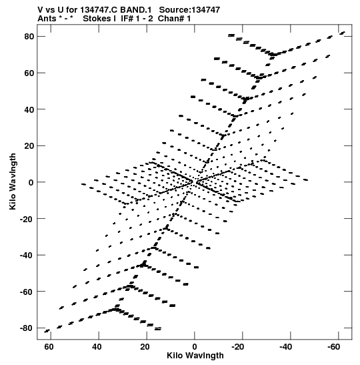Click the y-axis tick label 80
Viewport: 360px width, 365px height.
[x=29, y=37]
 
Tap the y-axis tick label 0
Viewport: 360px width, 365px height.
[x=31, y=182]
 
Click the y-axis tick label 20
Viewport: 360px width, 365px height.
[x=29, y=146]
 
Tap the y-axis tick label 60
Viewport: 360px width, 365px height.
[x=29, y=73]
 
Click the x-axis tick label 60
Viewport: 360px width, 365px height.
[x=49, y=347]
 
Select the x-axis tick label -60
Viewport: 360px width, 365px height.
[x=334, y=347]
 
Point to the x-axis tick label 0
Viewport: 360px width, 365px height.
[x=195, y=347]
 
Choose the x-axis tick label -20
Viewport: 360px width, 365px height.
[x=238, y=347]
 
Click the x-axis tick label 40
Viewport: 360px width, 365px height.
[x=97, y=347]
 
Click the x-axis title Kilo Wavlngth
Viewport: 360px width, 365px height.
[x=195, y=356]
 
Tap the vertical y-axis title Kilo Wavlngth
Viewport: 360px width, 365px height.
[x=13, y=181]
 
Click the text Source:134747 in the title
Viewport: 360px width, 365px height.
[x=189, y=10]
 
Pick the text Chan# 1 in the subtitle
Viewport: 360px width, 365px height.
[x=174, y=19]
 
